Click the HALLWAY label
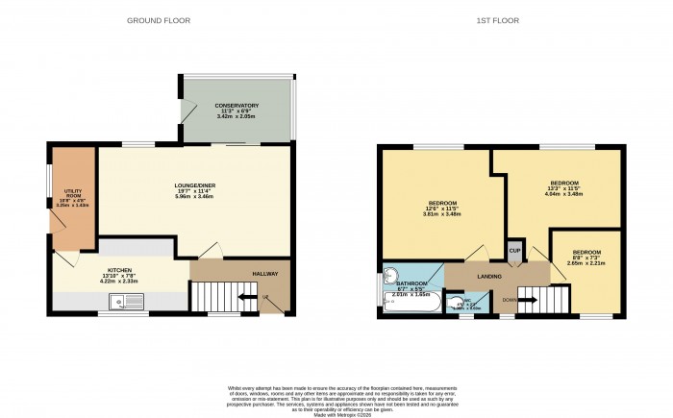click(x=265, y=274)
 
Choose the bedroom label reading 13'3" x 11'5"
click(x=563, y=188)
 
